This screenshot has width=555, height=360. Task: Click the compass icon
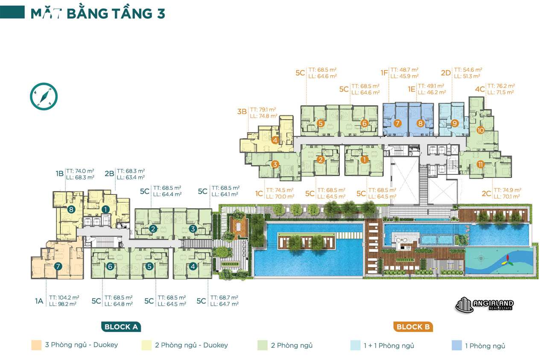pyautogui.click(x=44, y=97)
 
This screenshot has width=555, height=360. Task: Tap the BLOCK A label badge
pyautogui.click(x=121, y=327)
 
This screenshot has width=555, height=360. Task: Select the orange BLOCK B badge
pyautogui.click(x=413, y=327)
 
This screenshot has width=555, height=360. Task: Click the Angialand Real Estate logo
pyautogui.click(x=485, y=305)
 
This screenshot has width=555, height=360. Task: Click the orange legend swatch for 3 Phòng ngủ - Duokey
pyautogui.click(x=36, y=345)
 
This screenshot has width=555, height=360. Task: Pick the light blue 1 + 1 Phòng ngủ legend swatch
pyautogui.click(x=355, y=345)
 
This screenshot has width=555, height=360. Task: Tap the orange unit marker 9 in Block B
pyautogui.click(x=455, y=124)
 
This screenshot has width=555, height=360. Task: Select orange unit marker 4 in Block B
pyautogui.click(x=275, y=140)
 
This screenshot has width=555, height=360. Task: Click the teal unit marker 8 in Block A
pyautogui.click(x=72, y=209)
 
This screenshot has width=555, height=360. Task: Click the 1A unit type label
pyautogui.click(x=39, y=301)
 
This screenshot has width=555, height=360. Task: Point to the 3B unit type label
pyautogui.click(x=242, y=112)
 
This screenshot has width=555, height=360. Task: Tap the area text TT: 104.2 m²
pyautogui.click(x=64, y=297)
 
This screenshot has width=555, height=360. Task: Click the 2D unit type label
pyautogui.click(x=446, y=73)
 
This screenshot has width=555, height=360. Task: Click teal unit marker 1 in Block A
pyautogui.click(x=105, y=209)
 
